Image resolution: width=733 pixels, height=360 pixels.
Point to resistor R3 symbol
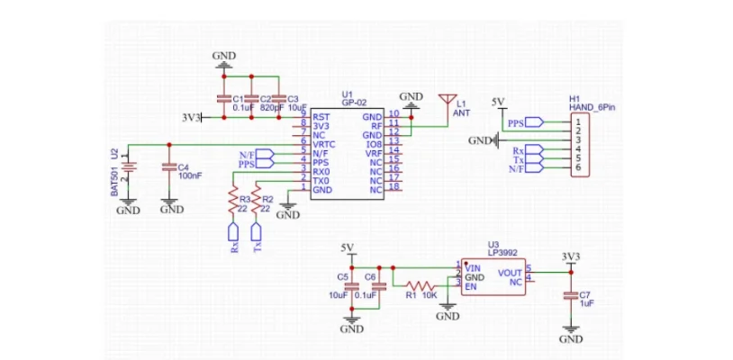tap(233, 203)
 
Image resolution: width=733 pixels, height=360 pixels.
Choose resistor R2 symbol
tap(256, 203)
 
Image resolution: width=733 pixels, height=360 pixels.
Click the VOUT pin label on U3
tap(509, 273)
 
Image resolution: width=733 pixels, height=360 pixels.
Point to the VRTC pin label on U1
tap(324, 144)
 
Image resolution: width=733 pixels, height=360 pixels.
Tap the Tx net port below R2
tap(256, 238)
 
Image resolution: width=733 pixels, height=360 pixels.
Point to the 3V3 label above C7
tap(569, 256)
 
